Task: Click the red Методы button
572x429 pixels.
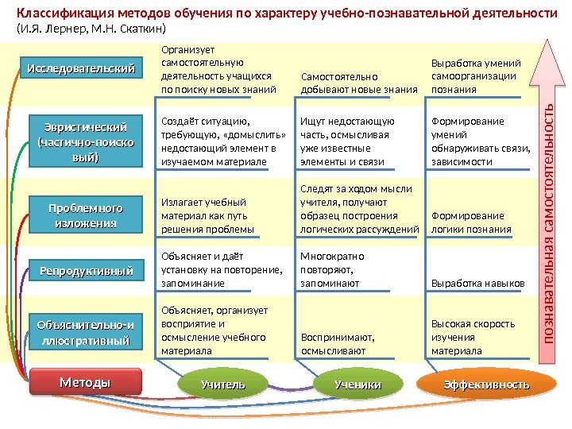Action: pyautogui.click(x=85, y=383)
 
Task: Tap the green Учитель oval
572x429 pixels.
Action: pyautogui.click(x=223, y=385)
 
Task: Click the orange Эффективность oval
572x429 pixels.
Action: pyautogui.click(x=486, y=385)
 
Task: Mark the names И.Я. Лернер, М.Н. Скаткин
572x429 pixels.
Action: pyautogui.click(x=91, y=29)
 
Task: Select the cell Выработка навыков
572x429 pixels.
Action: pyautogui.click(x=477, y=283)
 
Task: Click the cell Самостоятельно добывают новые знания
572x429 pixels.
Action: pyautogui.click(x=359, y=83)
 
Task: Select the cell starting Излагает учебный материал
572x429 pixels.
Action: pyautogui.click(x=207, y=215)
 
